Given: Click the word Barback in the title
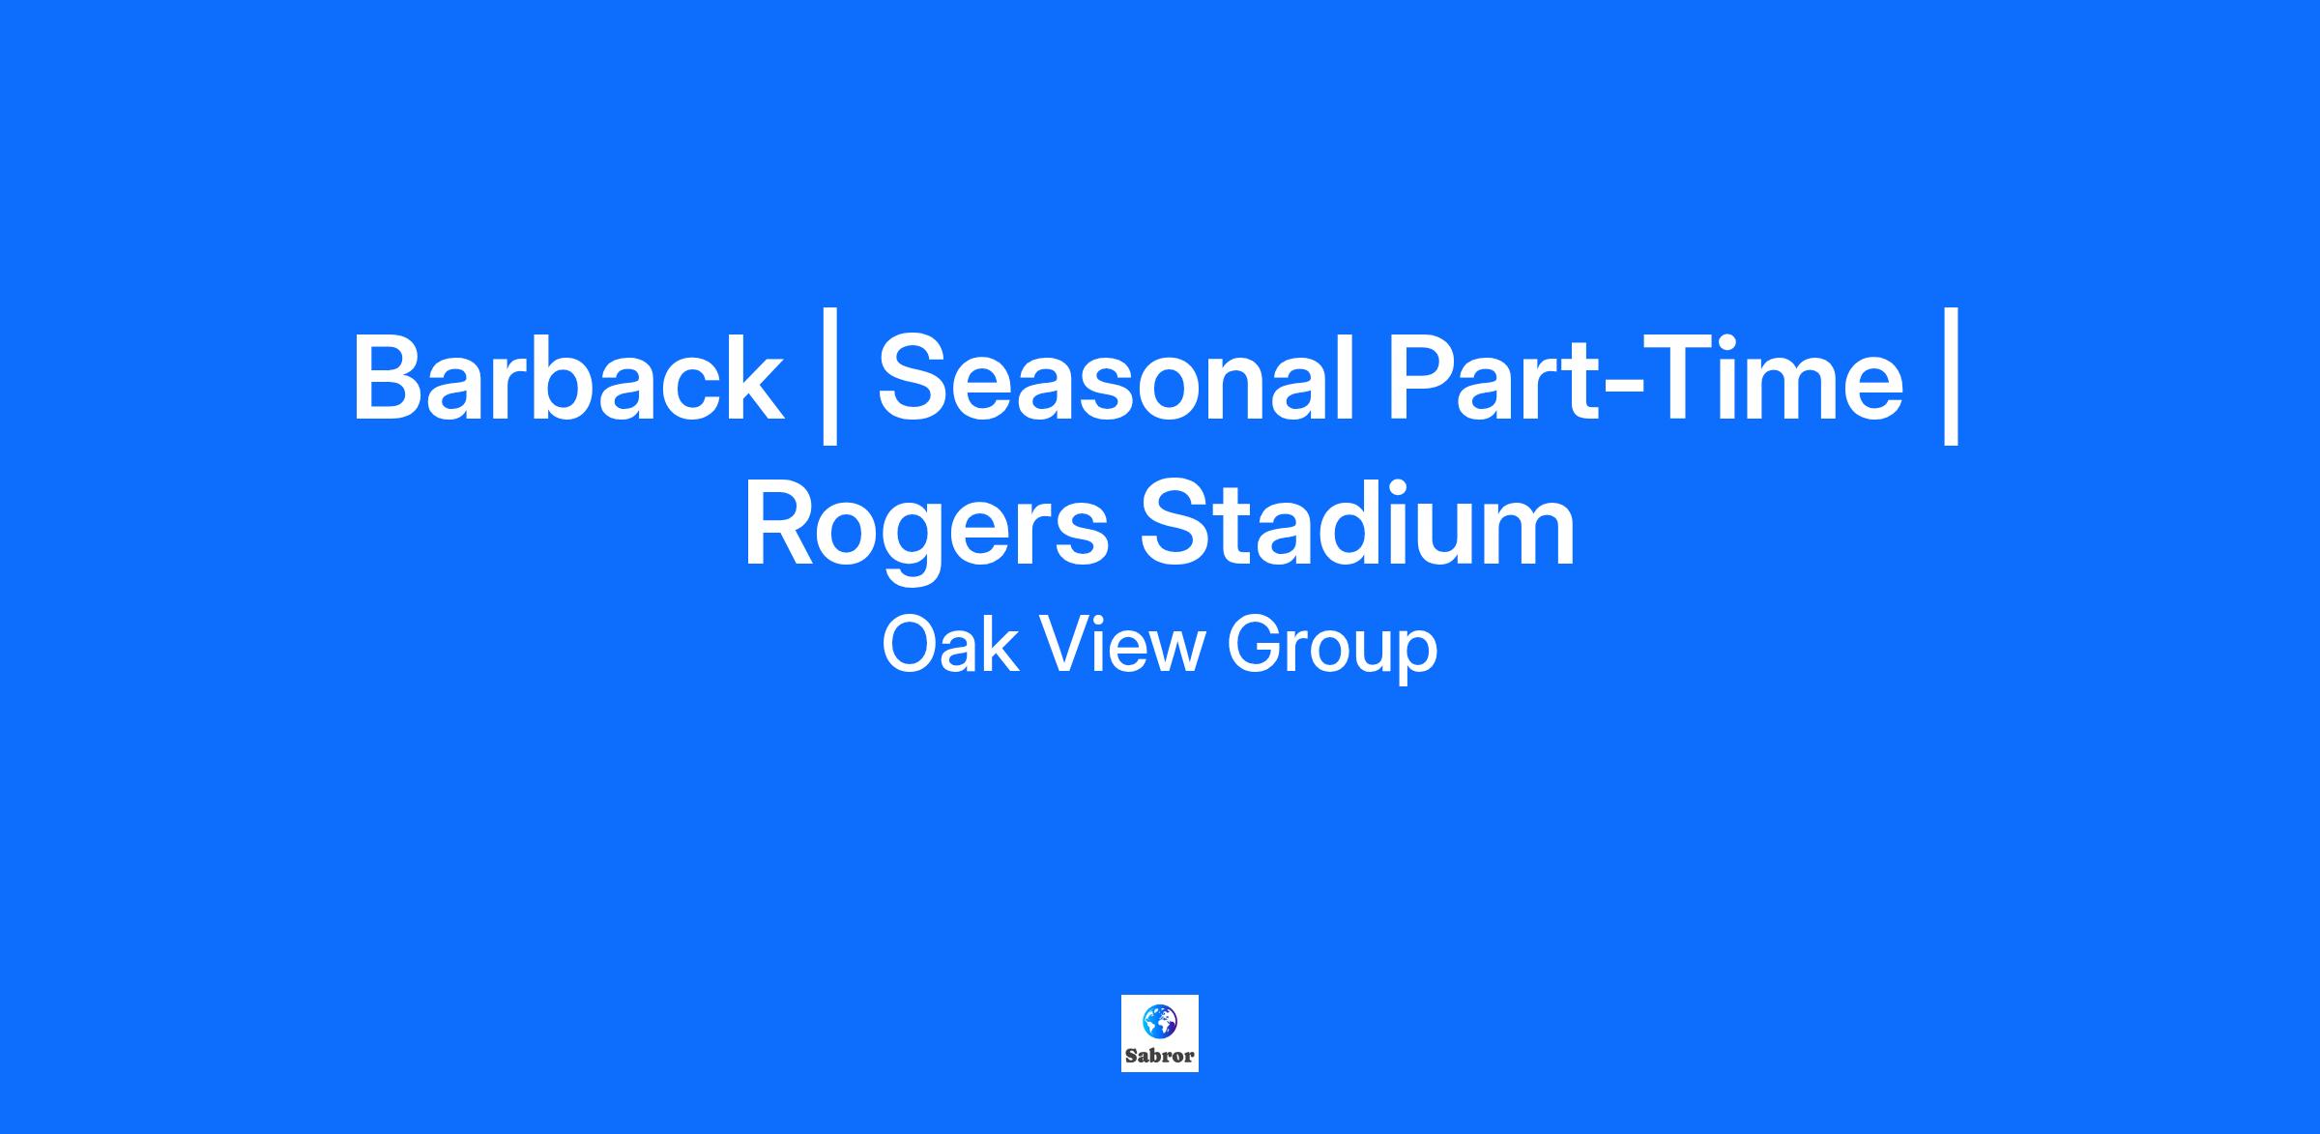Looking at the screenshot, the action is click(567, 378).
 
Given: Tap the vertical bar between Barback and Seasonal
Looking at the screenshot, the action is click(828, 377).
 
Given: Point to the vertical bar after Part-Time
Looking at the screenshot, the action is click(1951, 377).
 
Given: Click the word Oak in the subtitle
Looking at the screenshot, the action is click(950, 646).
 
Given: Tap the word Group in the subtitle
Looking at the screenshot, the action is click(1332, 650).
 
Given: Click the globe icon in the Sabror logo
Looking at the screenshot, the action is click(1160, 1021).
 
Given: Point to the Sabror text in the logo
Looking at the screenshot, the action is click(1160, 1056).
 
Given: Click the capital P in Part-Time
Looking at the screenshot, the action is click(1425, 378).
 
